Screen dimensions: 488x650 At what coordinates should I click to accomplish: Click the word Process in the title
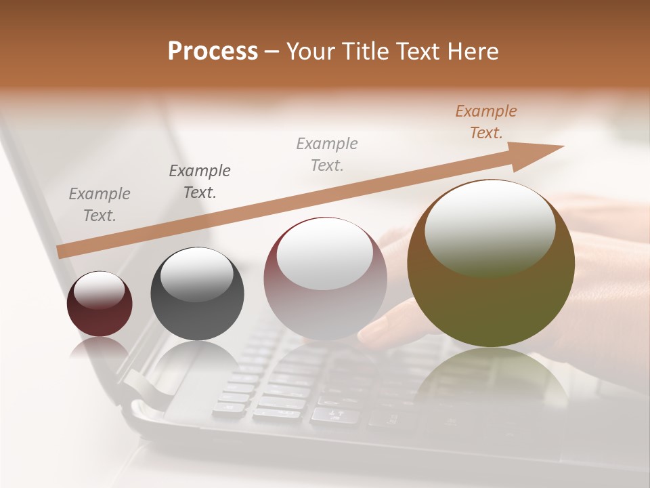point(213,52)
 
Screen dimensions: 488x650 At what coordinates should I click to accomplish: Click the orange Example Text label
point(486,122)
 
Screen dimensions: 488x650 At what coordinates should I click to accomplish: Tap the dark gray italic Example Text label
point(200,182)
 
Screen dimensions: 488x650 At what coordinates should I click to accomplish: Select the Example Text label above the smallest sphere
point(100,205)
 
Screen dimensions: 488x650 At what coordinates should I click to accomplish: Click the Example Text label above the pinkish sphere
point(327,155)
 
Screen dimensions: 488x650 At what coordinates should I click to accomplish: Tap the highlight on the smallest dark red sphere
point(99,290)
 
